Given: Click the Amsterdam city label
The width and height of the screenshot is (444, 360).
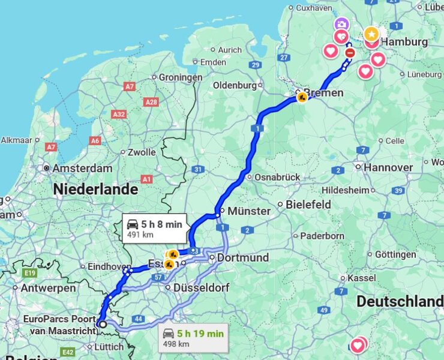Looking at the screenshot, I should pyautogui.click(x=82, y=169).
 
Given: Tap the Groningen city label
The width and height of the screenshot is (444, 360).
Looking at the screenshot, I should pyautogui.click(x=181, y=77).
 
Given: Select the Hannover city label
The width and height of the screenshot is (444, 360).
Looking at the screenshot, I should pyautogui.click(x=388, y=167).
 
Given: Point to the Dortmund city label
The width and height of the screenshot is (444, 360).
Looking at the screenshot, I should pyautogui.click(x=242, y=257).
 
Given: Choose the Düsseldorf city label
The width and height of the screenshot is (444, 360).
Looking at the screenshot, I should pyautogui.click(x=201, y=288).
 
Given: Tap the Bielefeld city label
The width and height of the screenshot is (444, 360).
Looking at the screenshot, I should pyautogui.click(x=308, y=205).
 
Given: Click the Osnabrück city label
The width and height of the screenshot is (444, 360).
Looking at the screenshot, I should pyautogui.click(x=277, y=178).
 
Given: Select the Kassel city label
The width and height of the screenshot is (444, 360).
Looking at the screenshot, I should pyautogui.click(x=361, y=278).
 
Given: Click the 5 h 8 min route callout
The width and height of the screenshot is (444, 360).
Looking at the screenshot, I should pyautogui.click(x=155, y=228).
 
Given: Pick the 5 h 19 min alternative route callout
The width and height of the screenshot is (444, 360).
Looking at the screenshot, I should pyautogui.click(x=193, y=337).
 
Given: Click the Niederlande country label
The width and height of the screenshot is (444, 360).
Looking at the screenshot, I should pyautogui.click(x=95, y=190).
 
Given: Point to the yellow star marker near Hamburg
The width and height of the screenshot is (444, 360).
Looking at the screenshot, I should pyautogui.click(x=371, y=33).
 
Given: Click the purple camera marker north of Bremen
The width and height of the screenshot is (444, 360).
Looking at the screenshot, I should pyautogui.click(x=341, y=24).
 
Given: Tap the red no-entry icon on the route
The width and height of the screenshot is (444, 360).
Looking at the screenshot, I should pyautogui.click(x=350, y=53).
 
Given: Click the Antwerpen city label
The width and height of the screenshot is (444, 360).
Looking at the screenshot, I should pyautogui.click(x=48, y=288).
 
